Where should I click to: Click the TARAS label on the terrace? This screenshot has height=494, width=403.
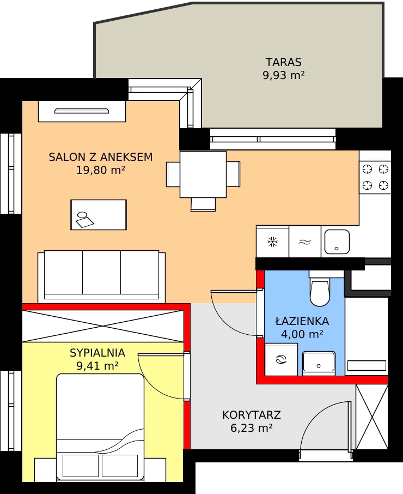tap(283, 62)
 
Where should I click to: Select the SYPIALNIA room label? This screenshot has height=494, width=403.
tap(97, 353)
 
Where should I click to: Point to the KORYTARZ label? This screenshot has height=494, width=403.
tap(252, 415)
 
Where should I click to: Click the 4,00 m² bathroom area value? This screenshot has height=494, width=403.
tap(302, 334)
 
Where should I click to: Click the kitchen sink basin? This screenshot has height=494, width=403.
tap(337, 242)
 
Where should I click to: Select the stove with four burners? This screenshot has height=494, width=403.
tap(375, 177)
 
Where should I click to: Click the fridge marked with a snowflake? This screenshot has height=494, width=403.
tap(272, 242)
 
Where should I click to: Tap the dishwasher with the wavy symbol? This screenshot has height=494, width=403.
tap(305, 242)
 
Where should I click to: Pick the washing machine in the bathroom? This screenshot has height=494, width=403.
tap(281, 359)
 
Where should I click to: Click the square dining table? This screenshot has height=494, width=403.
tap(203, 174)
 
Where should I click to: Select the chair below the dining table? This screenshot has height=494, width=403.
tap(203, 204)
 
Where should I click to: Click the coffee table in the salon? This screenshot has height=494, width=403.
tap(99, 214)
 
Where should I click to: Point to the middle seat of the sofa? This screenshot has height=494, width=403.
tap(102, 273)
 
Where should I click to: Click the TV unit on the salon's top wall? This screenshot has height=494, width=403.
tap(82, 111)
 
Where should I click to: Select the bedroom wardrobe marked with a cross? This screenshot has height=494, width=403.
tap(103, 326)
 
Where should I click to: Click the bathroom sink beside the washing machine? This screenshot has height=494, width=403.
tap(319, 364)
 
